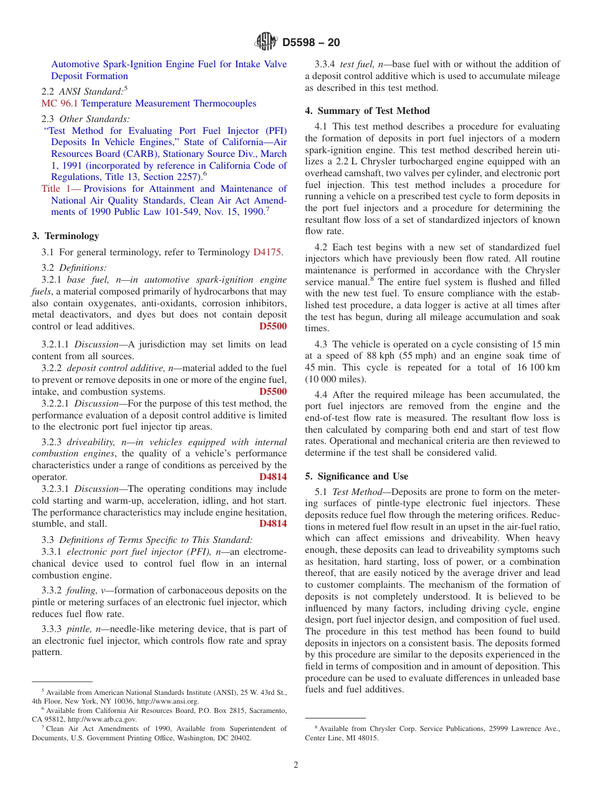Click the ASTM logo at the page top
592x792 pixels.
[266, 42]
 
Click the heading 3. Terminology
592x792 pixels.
[65, 236]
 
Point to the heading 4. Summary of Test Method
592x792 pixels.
[367, 111]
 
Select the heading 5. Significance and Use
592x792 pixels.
[356, 476]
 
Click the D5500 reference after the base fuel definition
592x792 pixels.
[273, 326]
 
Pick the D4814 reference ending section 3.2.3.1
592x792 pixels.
[273, 524]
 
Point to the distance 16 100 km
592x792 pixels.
[535, 367]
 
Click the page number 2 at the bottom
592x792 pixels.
[296, 765]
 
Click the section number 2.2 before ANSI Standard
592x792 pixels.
[48, 92]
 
